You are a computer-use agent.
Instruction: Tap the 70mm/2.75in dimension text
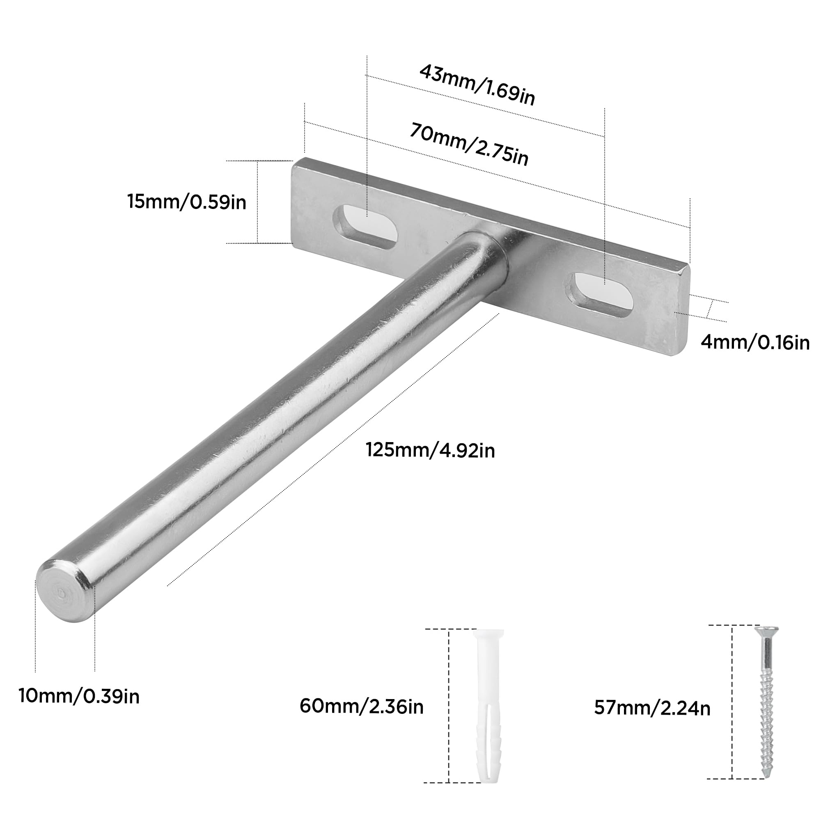[469, 144]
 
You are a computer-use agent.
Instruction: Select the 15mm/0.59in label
[186, 202]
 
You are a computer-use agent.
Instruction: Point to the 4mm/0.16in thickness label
[755, 342]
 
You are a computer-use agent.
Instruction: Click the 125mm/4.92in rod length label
[430, 450]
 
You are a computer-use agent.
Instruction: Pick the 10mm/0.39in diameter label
[79, 696]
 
